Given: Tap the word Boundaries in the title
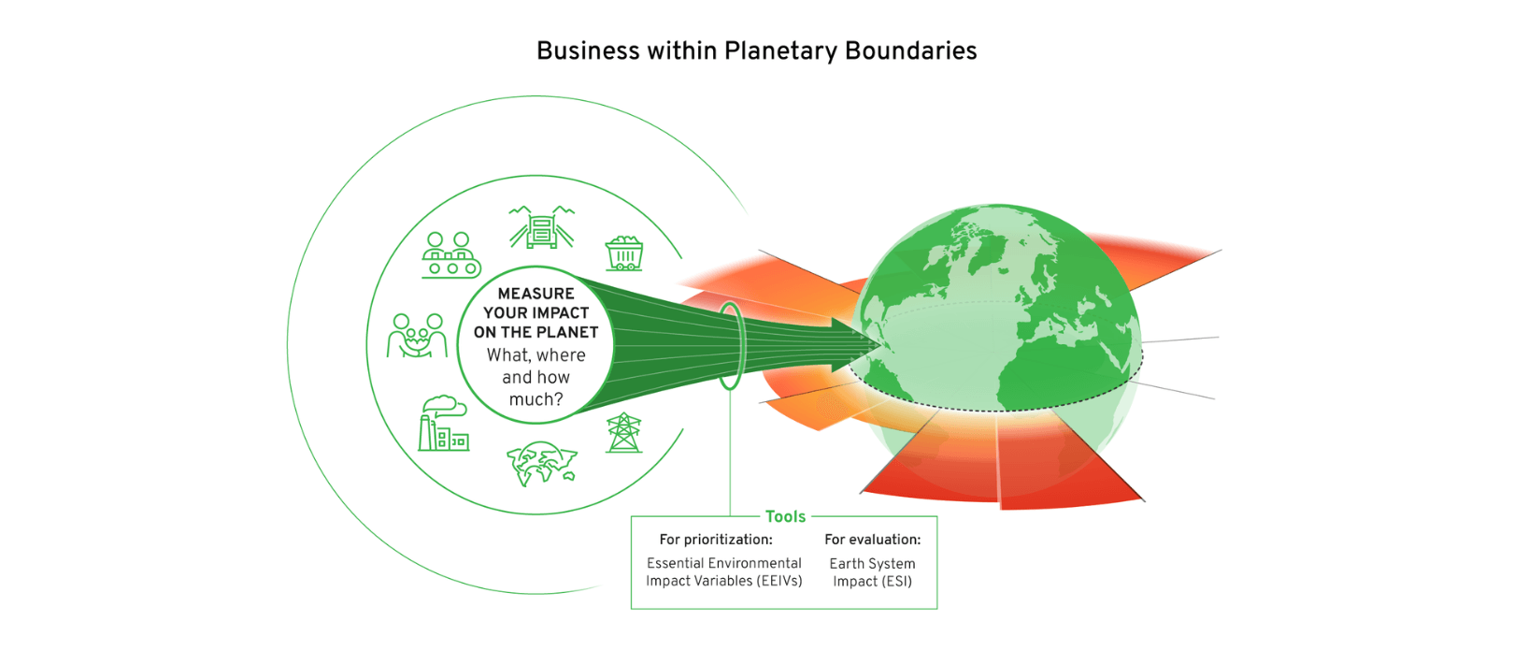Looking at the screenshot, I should pos(910,51).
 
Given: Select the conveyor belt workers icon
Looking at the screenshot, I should pos(450,255).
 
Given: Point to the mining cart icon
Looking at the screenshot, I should pos(624,253).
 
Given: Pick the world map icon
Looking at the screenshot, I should pos(542,464).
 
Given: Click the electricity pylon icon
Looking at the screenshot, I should pos(623,433).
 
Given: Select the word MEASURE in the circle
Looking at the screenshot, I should pos(536,294).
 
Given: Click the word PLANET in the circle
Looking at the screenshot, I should pos(567,332).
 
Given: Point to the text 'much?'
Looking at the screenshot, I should pos(536,399).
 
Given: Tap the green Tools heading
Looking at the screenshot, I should pos(785,516).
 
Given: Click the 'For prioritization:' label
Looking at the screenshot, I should pos(716,540).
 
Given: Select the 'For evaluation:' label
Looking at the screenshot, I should pos(872,540).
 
